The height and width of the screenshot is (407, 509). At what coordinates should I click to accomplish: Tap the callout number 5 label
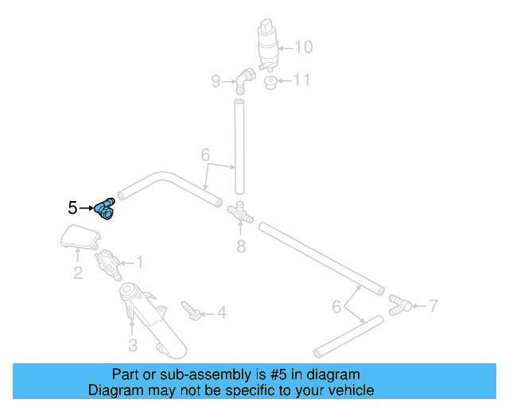coord(72,208)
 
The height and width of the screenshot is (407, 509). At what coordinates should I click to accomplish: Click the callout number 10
coord(304,47)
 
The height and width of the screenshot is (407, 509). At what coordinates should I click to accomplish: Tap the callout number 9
coord(216,80)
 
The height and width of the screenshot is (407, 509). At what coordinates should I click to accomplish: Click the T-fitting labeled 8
coord(239,213)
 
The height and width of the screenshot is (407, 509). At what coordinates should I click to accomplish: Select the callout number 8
coord(241,246)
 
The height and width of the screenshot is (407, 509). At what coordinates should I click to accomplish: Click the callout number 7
coord(433,304)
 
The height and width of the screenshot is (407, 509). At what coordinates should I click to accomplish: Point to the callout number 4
coord(221,313)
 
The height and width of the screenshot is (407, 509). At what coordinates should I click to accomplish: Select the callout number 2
coord(78,274)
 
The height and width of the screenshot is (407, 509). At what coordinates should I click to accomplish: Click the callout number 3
coord(133,345)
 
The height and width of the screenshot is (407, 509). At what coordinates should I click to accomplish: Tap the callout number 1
coord(140,262)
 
